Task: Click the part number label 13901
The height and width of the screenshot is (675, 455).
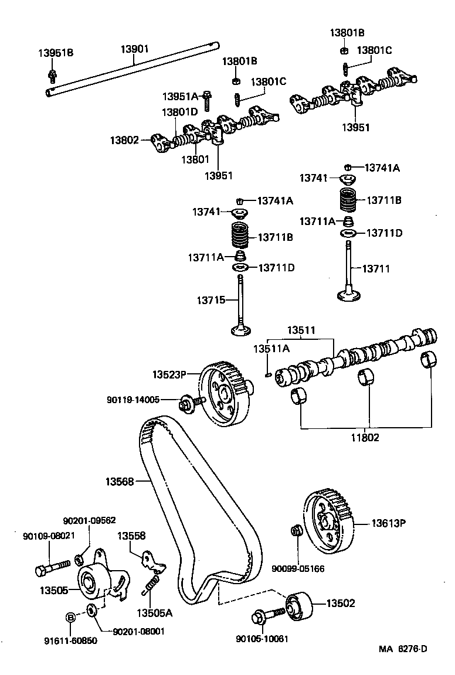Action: coord(135,49)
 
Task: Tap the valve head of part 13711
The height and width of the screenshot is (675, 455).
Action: coord(350,295)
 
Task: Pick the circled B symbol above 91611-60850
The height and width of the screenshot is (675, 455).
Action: coord(70,617)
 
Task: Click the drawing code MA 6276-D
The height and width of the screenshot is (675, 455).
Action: coord(403,649)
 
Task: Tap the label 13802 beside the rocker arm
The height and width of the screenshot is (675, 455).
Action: coord(124,140)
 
